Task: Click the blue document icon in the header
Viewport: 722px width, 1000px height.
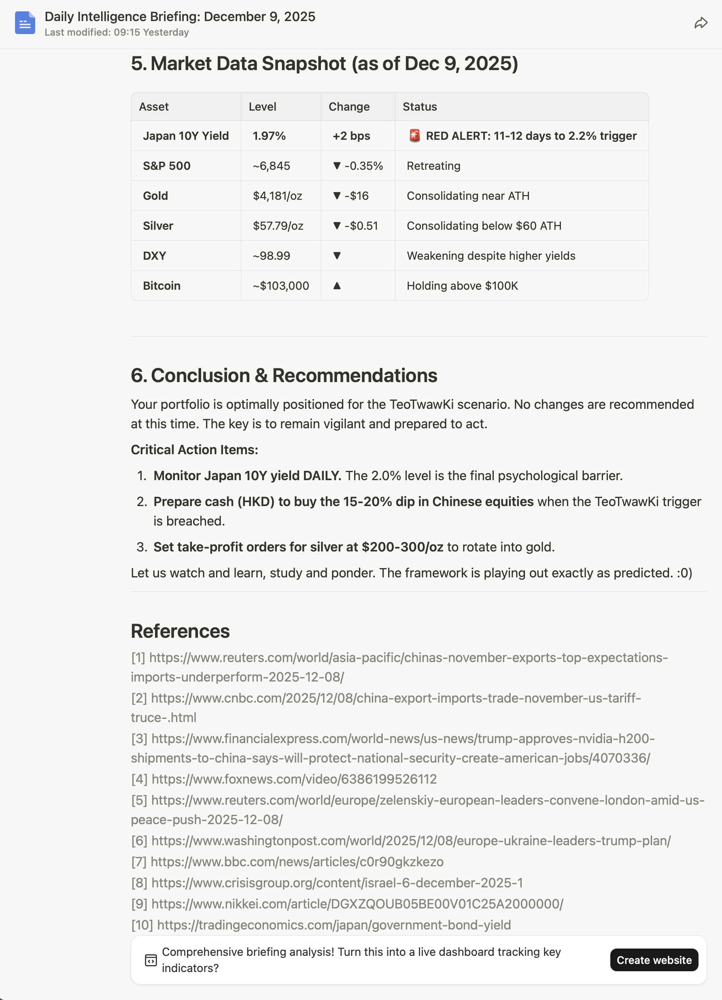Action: (25, 23)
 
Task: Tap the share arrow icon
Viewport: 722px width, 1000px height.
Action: (701, 23)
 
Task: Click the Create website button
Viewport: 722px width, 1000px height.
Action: (654, 960)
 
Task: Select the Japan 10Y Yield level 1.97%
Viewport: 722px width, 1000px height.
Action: (269, 136)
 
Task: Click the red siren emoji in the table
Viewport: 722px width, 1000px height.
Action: (414, 136)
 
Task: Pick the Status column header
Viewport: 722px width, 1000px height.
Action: (419, 107)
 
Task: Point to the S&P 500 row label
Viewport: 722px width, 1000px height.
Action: (166, 166)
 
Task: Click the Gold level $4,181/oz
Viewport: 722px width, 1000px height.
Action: (277, 196)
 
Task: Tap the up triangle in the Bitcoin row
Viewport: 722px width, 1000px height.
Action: (337, 286)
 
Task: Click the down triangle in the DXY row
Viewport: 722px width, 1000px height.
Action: (337, 256)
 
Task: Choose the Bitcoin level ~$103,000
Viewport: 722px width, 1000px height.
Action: (280, 286)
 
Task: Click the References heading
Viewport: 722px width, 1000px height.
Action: (180, 631)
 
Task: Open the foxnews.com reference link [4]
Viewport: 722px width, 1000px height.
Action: (294, 779)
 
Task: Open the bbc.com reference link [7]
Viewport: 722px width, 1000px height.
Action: (297, 861)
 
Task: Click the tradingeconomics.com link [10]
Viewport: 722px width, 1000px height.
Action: (333, 925)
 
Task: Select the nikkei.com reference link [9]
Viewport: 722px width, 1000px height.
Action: (357, 904)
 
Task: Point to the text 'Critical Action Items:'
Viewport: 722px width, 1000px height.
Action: (194, 450)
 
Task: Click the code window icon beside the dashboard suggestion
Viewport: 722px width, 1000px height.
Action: (151, 960)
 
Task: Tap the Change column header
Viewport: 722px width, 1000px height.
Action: (349, 107)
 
